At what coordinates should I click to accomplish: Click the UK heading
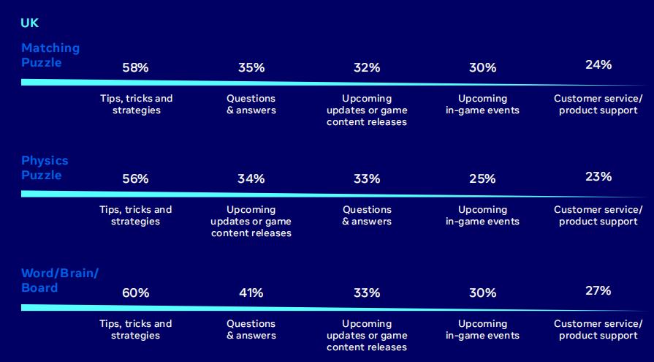30,23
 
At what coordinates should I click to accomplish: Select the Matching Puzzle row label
50,55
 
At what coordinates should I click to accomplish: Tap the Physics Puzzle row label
45,168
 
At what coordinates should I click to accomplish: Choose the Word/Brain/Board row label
60,281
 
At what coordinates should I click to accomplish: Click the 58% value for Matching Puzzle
136,67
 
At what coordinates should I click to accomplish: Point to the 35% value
251,67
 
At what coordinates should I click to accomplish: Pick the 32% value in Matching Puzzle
367,67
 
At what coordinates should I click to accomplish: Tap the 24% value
598,64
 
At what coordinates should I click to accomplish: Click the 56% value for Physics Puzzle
136,178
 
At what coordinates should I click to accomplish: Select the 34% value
251,178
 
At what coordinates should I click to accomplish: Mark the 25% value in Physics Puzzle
482,178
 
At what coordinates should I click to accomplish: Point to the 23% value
598,177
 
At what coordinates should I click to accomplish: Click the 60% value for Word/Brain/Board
136,293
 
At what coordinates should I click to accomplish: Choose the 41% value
251,293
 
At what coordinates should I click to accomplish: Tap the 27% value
598,290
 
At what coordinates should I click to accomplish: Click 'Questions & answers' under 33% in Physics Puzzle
367,216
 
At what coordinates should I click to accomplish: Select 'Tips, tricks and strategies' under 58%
136,105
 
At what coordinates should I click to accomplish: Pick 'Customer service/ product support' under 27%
598,329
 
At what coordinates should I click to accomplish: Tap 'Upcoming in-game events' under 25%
482,216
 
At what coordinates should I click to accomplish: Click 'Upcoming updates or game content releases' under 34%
251,222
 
